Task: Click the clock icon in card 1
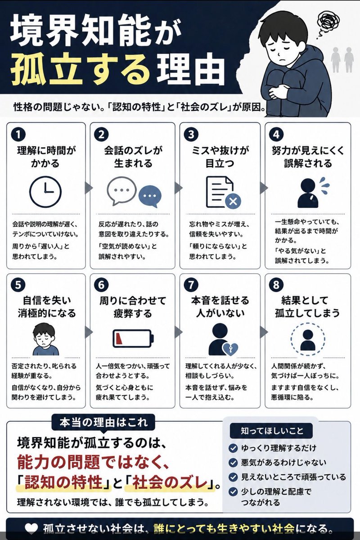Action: pos(45,192)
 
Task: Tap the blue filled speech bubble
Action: pos(150,196)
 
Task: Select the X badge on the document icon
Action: pos(233,201)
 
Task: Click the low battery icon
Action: pos(133,338)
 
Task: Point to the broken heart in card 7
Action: pos(230,349)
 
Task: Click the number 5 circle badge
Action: pos(18,285)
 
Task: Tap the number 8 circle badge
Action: pos(276,285)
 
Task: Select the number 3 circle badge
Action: pos(191,134)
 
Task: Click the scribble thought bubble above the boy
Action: pos(325,22)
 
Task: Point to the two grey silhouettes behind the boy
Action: pos(342,59)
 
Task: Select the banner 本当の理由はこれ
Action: pos(103,423)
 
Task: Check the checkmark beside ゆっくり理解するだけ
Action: pos(233,448)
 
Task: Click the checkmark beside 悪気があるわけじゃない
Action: pos(233,463)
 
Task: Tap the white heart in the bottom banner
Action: pos(31,528)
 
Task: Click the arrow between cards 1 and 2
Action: pos(88,188)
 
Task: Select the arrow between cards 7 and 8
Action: pos(263,332)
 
